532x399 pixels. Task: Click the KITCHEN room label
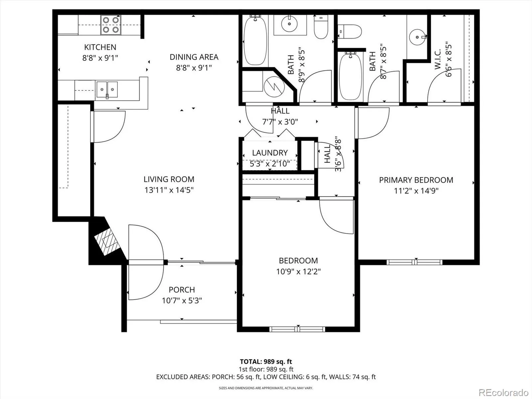coord(100,47)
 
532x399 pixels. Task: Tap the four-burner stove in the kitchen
coord(111,25)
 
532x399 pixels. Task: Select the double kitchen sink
coord(107,89)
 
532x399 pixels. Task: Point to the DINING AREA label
coord(194,57)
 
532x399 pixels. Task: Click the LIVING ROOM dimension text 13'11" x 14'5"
coord(169,190)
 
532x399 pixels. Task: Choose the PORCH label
coord(182,290)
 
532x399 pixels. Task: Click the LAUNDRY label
coord(270,153)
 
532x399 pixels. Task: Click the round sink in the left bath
coord(289,24)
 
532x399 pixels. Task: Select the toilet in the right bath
coord(350,32)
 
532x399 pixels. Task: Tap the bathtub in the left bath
coord(255,40)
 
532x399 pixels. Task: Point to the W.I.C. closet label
coord(438,60)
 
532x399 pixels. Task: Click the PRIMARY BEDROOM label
coord(416,180)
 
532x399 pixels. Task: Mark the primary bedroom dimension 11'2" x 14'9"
coord(416,191)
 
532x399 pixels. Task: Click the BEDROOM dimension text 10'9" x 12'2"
coord(298,271)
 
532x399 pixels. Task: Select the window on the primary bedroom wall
coord(414,262)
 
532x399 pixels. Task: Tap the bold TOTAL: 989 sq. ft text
coord(266,362)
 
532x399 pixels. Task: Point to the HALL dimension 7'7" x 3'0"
coord(280,122)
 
